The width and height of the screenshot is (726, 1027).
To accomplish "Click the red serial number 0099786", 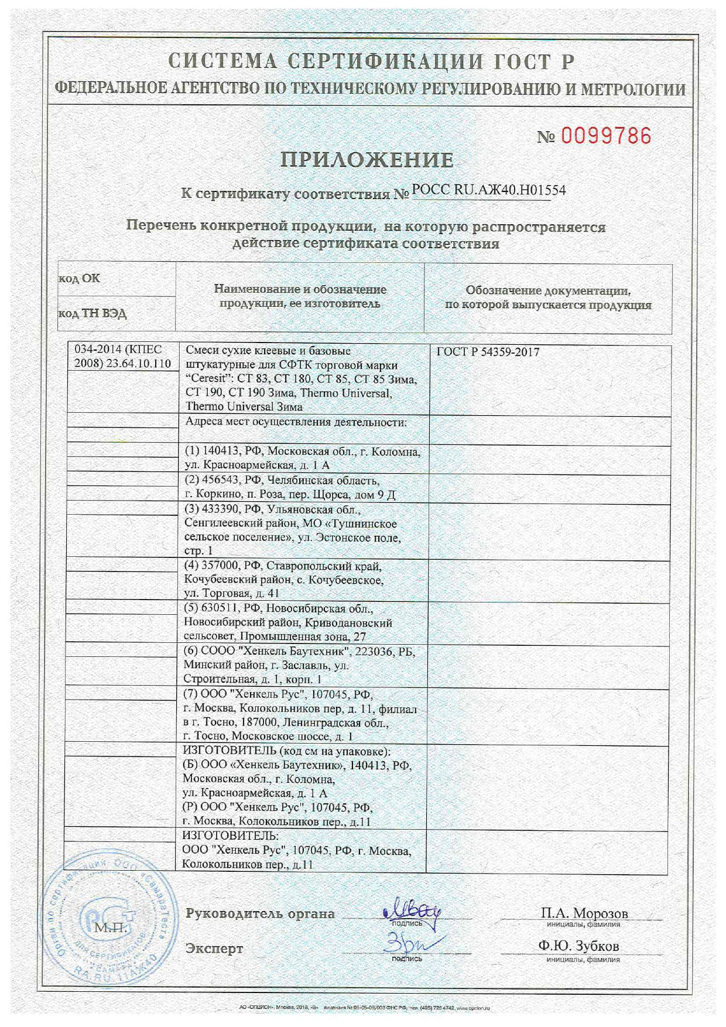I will tap(606, 136).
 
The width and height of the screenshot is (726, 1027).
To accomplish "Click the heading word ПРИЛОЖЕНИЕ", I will tap(367, 160).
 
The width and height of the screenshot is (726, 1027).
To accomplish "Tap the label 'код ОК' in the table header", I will tap(79, 278).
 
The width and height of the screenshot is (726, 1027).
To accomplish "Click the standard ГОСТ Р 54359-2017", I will tap(488, 352).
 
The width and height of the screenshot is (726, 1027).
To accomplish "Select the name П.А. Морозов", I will tap(584, 913).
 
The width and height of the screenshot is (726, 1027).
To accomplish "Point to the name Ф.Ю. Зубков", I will tap(578, 946).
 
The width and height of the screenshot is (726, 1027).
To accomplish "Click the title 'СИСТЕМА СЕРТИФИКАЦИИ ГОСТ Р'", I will tap(371, 61).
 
